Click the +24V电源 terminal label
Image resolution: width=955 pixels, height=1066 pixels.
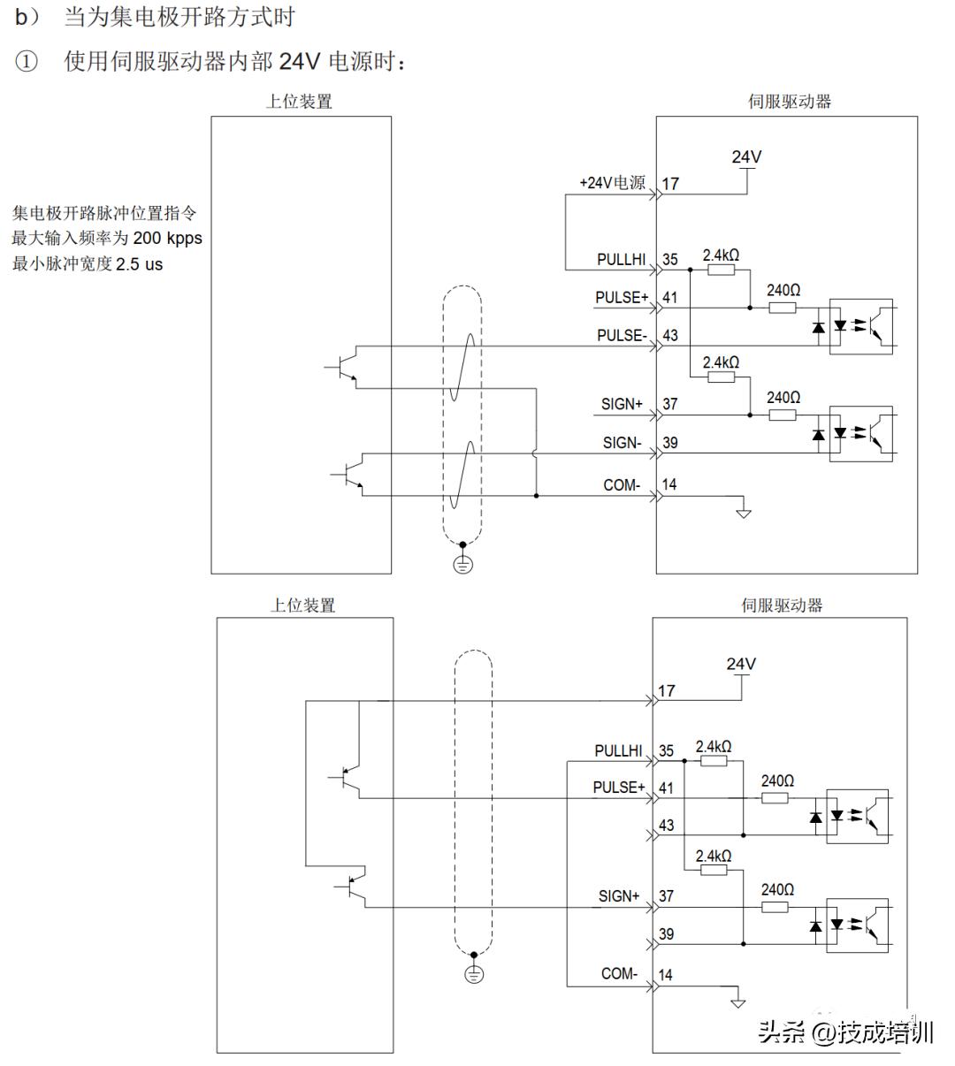click(x=612, y=183)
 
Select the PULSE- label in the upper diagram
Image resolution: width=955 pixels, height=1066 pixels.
click(x=622, y=335)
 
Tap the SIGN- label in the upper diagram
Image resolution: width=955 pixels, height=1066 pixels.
click(x=622, y=442)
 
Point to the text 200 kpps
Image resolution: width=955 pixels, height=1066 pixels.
click(x=167, y=239)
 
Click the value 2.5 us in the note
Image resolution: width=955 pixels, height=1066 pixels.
click(x=139, y=264)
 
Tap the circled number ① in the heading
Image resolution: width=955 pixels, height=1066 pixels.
click(x=27, y=63)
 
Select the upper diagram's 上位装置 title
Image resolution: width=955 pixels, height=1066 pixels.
click(x=300, y=102)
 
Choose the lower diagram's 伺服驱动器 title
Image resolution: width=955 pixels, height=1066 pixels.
click(x=782, y=605)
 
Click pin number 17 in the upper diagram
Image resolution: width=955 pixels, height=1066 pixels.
click(x=670, y=184)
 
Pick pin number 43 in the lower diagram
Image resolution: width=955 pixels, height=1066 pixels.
click(x=666, y=825)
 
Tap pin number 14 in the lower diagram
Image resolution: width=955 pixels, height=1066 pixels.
click(x=665, y=974)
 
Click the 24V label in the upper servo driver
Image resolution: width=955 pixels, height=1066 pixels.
click(x=746, y=157)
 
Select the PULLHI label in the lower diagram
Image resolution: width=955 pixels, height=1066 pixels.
click(x=618, y=750)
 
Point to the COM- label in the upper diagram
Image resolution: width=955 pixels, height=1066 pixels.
click(x=622, y=484)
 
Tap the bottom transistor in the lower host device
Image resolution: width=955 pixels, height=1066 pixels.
click(x=354, y=887)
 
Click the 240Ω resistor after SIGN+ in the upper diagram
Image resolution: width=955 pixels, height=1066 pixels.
click(x=783, y=415)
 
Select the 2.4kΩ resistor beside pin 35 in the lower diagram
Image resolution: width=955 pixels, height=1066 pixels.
click(x=714, y=760)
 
